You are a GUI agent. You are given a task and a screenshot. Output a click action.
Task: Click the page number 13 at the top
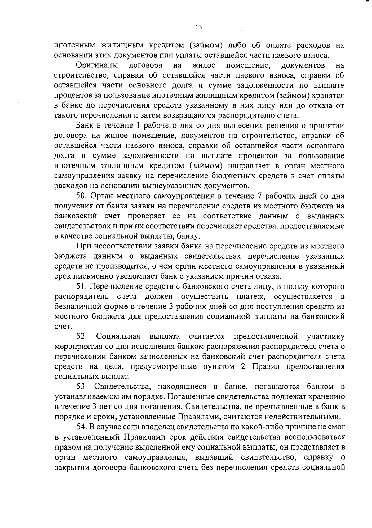click(x=199, y=27)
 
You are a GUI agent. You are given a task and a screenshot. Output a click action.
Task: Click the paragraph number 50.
click(x=82, y=196)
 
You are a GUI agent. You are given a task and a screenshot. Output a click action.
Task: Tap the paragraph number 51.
click(x=82, y=286)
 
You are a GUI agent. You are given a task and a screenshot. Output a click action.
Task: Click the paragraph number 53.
click(x=82, y=387)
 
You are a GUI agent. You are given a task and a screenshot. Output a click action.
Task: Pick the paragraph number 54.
click(x=82, y=427)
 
